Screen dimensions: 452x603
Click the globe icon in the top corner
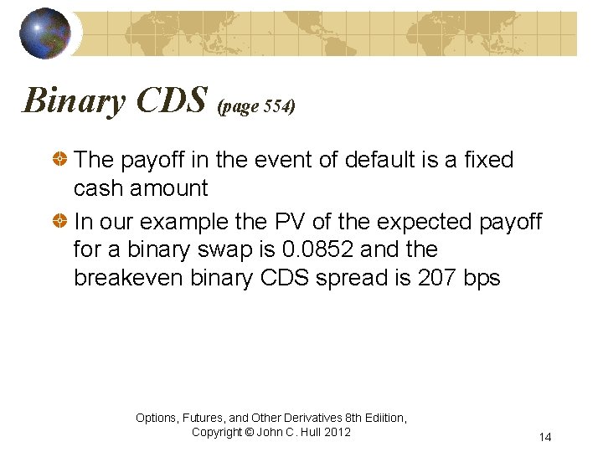(x=46, y=33)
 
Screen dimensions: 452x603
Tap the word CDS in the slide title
(x=172, y=100)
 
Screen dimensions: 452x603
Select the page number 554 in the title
(x=276, y=108)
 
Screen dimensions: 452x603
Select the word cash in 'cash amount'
(x=99, y=188)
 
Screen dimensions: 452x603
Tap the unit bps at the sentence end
(x=482, y=278)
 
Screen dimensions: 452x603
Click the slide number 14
(x=545, y=438)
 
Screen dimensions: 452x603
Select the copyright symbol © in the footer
(x=249, y=432)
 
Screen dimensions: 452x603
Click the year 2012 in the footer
(x=335, y=432)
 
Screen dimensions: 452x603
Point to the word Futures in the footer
(x=205, y=418)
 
